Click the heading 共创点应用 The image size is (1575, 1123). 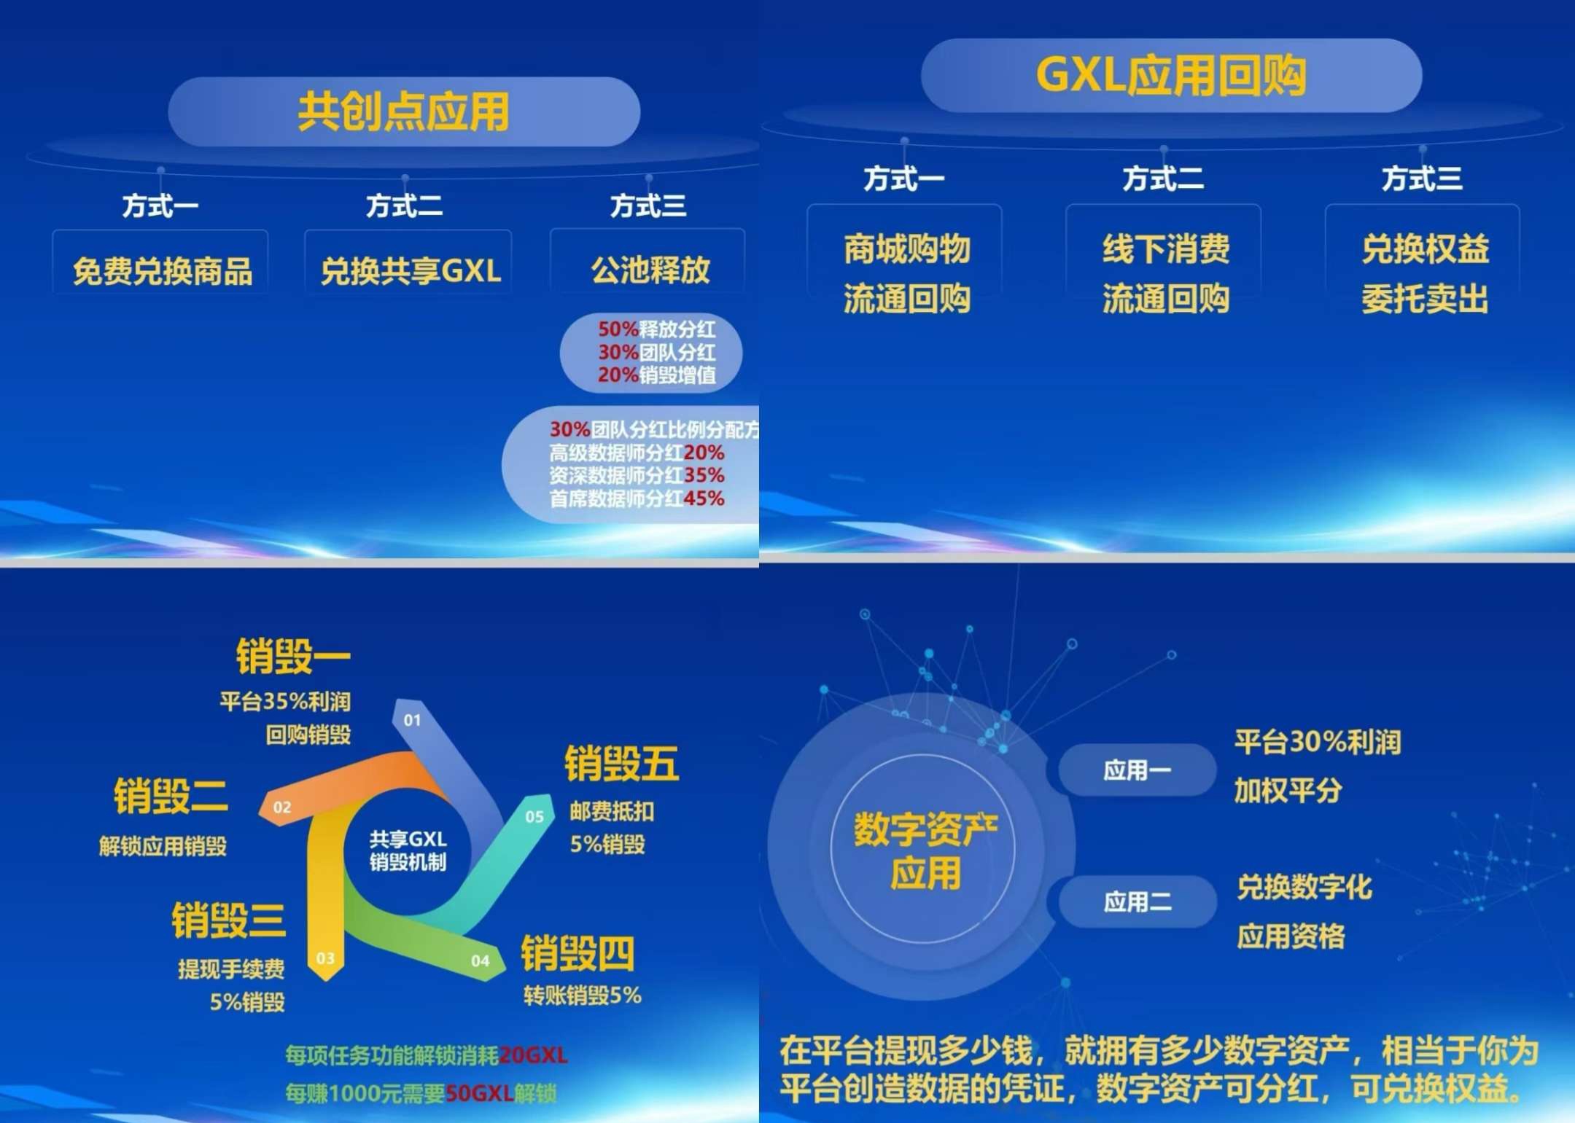click(403, 112)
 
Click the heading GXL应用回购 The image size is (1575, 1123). click(1171, 76)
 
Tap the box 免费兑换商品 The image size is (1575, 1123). click(160, 262)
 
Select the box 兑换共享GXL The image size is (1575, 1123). click(408, 262)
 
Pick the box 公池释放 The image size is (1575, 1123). click(648, 262)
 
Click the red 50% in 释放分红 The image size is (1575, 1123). click(618, 329)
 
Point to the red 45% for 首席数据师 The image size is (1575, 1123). click(704, 498)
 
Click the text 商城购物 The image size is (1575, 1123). click(906, 249)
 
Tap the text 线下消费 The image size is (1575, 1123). click(1165, 249)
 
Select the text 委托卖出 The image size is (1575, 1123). click(1425, 299)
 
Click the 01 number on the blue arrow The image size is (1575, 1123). click(412, 720)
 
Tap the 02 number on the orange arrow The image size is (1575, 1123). click(282, 807)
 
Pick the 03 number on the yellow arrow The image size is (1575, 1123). click(325, 958)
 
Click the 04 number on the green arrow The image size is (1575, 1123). click(480, 960)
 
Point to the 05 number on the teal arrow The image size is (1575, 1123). click(534, 817)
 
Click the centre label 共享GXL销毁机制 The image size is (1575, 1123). click(408, 850)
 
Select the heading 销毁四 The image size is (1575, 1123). click(577, 953)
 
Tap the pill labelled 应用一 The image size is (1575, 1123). click(1137, 770)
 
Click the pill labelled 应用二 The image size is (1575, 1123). click(1137, 901)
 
